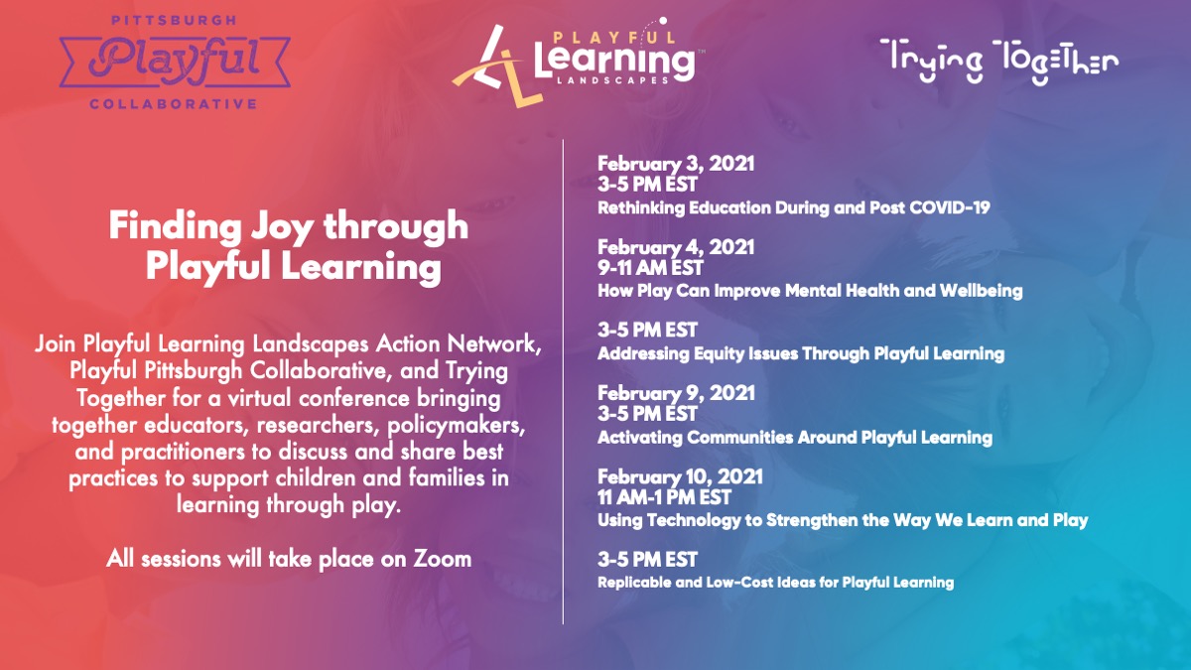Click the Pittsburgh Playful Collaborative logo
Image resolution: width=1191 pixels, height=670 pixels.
click(174, 61)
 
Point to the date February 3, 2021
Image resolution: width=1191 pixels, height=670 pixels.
click(675, 164)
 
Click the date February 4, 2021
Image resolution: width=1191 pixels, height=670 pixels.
click(675, 246)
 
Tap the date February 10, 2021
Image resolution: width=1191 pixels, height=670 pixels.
click(679, 475)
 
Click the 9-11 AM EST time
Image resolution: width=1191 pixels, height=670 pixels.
click(650, 268)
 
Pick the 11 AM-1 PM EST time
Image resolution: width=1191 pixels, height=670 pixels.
click(664, 497)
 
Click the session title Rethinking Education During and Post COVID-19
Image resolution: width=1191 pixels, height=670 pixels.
click(793, 208)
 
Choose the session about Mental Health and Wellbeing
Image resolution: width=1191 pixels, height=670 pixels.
click(809, 291)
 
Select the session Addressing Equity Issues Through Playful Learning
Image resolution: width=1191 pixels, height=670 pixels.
click(800, 353)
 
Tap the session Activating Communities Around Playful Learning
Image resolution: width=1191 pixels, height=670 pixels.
click(794, 437)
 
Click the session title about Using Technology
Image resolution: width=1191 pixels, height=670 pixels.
click(842, 519)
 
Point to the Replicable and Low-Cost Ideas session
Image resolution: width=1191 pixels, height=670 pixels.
click(775, 582)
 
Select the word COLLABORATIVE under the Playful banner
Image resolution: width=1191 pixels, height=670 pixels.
click(173, 103)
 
